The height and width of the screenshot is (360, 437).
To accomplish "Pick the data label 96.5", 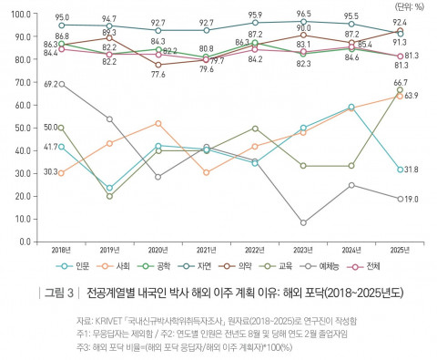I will click(304, 15).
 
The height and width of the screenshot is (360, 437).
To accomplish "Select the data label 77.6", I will click(158, 74).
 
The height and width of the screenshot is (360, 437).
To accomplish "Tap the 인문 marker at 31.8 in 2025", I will click(401, 170).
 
